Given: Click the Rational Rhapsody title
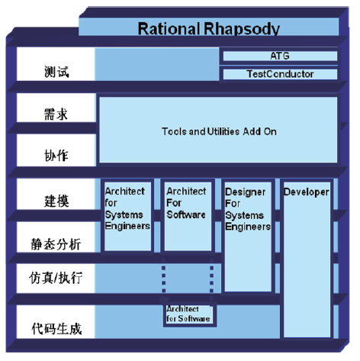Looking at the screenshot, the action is tap(208, 28).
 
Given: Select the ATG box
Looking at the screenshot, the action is tap(280, 56).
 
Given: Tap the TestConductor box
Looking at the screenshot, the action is tap(280, 74).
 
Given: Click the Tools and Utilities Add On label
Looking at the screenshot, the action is tap(219, 131).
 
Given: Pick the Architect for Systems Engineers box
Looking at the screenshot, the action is tap(127, 216).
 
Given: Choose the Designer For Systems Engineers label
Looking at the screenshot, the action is tap(248, 209).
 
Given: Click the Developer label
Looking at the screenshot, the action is tap(307, 192).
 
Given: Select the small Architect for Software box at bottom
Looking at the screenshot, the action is tap(189, 314).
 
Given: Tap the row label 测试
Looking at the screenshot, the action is tap(56, 72).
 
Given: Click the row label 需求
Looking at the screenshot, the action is tap(56, 114).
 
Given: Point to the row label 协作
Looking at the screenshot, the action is tap(56, 155).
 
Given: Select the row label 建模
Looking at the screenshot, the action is tap(56, 201).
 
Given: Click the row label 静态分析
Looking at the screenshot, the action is tap(56, 244).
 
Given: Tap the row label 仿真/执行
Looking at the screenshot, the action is tap(56, 278).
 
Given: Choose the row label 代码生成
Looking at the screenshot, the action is tap(56, 329).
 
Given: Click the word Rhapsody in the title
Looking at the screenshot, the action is tap(242, 28).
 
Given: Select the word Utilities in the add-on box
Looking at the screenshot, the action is tap(223, 131).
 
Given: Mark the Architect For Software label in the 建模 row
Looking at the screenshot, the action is tap(186, 203).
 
